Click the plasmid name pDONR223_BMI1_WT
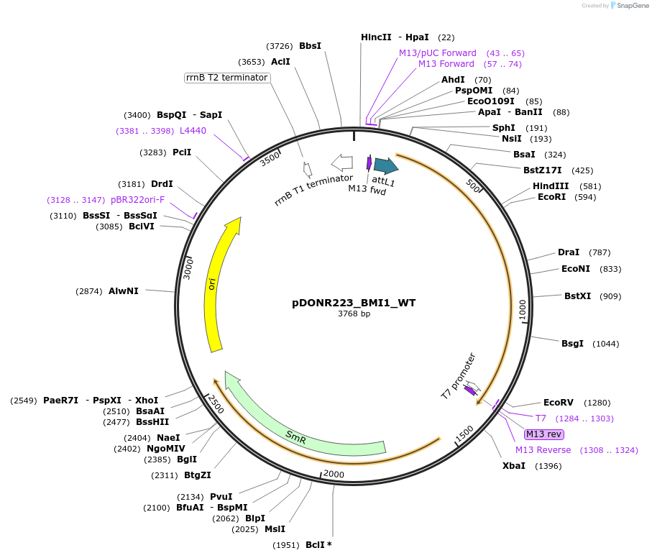pyautogui.click(x=354, y=303)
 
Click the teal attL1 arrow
pyautogui.click(x=385, y=166)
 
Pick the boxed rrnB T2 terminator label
pyautogui.click(x=227, y=78)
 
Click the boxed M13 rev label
pyautogui.click(x=544, y=434)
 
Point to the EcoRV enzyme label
pyautogui.click(x=558, y=403)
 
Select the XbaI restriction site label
pyautogui.click(x=513, y=466)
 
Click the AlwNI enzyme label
pyautogui.click(x=124, y=291)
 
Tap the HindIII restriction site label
pyautogui.click(x=551, y=186)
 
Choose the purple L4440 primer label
pyautogui.click(x=193, y=131)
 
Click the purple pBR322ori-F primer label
pyautogui.click(x=137, y=200)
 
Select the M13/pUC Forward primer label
pyautogui.click(x=438, y=53)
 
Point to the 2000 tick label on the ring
pyautogui.click(x=334, y=474)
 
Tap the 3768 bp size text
pyautogui.click(x=354, y=314)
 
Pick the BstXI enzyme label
pyautogui.click(x=577, y=296)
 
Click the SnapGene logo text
pyautogui.click(x=631, y=6)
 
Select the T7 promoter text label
pyautogui.click(x=458, y=375)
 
